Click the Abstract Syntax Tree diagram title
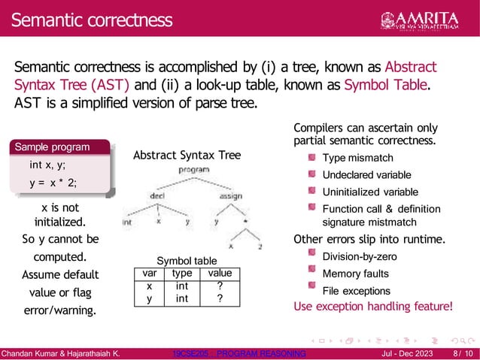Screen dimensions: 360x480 point(187,156)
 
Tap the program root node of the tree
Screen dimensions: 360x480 point(193,171)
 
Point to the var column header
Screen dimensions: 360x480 point(149,274)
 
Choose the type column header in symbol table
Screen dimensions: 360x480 point(182,274)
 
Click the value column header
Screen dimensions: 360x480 point(220,274)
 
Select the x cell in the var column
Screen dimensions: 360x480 point(149,286)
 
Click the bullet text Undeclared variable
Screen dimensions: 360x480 point(366,175)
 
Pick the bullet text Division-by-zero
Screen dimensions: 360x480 point(360,257)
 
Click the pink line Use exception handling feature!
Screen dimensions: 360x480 point(373,307)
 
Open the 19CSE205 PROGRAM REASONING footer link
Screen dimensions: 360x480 point(239,353)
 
